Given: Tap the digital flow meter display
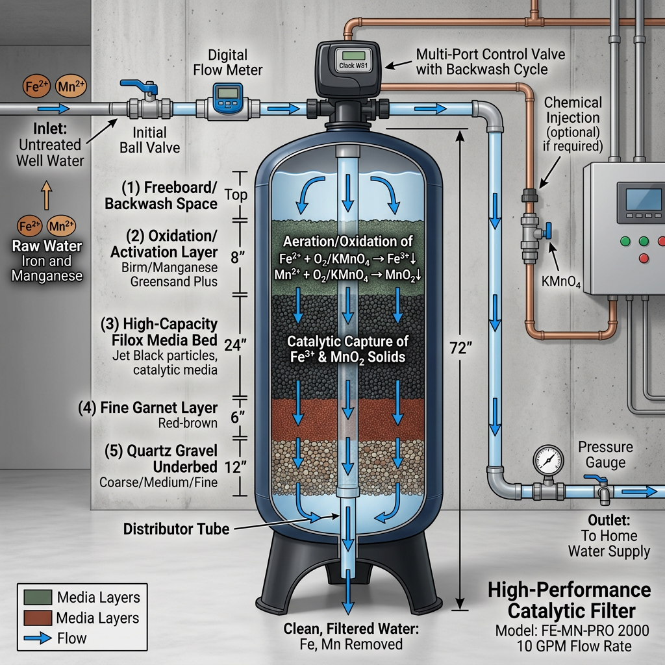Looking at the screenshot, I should [x=227, y=95].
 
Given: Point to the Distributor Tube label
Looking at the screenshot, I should [x=176, y=529].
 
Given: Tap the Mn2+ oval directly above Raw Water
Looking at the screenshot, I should [x=61, y=227].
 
